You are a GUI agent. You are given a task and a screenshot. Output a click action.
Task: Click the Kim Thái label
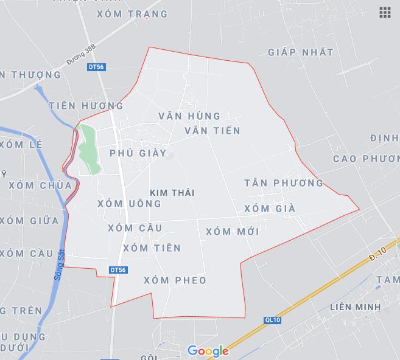[x=175, y=192]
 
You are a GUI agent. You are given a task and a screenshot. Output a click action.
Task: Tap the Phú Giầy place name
[x=138, y=153]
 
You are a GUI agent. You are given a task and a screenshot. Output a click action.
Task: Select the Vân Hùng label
[x=189, y=116]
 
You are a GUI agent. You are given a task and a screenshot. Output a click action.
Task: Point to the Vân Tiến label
[x=212, y=130]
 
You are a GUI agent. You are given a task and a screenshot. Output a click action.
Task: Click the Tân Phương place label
[x=284, y=183]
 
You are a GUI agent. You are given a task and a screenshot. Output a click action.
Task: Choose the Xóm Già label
[x=269, y=209]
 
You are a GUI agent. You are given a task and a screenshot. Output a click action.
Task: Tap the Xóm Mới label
[x=233, y=232]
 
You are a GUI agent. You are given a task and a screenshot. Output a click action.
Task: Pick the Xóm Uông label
[x=129, y=204]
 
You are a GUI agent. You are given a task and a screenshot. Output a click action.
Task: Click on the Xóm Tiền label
[x=152, y=248]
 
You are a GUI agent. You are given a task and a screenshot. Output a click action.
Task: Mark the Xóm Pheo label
[x=175, y=280]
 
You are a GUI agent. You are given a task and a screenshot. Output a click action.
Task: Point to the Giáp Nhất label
[x=301, y=52]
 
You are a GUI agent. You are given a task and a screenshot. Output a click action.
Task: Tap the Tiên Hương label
[x=86, y=106]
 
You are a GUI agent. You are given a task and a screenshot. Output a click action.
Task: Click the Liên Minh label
[x=356, y=307]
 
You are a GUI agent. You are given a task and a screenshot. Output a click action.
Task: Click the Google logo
[x=208, y=351]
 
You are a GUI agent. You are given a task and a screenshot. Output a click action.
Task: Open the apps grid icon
[x=385, y=12]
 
